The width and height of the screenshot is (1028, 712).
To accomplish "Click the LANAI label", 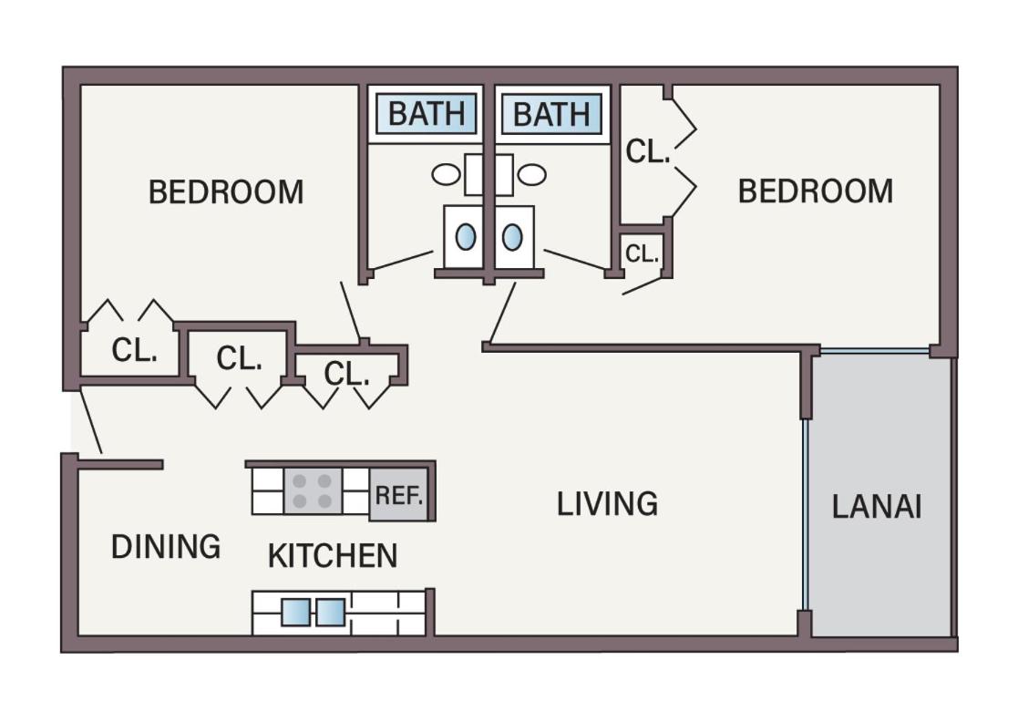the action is [877, 506].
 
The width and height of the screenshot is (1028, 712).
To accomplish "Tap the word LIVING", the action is [607, 503].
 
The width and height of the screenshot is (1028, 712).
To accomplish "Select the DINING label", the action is [166, 546].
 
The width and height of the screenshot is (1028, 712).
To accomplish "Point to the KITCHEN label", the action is [333, 555].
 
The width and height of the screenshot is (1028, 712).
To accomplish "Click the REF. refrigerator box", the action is [398, 494].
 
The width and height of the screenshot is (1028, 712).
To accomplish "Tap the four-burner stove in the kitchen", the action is [313, 491].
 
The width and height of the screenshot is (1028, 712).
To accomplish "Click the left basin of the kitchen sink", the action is [295, 613].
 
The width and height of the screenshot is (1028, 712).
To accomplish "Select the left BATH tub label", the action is [427, 113].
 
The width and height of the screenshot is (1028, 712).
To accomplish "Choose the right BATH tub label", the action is [551, 114].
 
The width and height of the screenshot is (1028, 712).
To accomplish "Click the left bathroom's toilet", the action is [446, 174].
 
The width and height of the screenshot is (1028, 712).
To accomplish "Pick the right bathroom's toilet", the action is [531, 174].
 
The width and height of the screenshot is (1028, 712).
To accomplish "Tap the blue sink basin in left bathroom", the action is [466, 237].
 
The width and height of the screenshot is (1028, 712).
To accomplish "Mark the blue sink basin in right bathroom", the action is [512, 237].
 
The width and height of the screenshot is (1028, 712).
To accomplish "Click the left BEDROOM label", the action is [226, 192].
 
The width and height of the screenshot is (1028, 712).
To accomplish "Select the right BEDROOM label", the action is [816, 191].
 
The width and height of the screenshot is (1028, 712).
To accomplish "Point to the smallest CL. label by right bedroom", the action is [642, 253].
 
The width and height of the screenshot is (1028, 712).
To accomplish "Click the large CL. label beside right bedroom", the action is [648, 150].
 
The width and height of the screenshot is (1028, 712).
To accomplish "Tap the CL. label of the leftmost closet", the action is [134, 350].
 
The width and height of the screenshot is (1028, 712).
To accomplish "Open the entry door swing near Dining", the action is [91, 421].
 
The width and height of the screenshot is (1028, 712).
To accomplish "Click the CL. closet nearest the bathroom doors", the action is [347, 373].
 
